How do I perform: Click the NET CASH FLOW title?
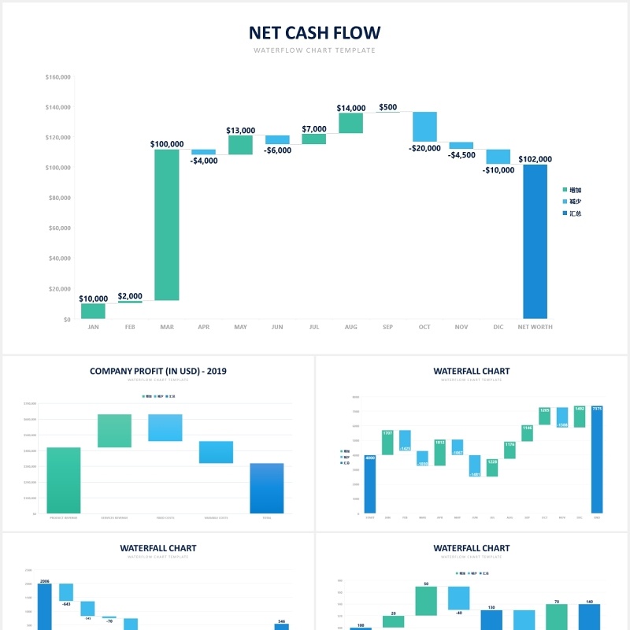coord(314,32)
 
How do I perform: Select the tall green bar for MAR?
coord(167,224)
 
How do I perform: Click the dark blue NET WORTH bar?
coord(535,241)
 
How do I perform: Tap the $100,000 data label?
coord(167,144)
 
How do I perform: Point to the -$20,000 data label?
coord(424,148)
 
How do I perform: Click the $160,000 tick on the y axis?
coord(58,77)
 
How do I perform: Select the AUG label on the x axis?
coord(350,327)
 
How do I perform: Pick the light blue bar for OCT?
coord(424,127)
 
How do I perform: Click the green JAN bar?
coord(93,311)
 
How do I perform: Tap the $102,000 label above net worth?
coord(535,159)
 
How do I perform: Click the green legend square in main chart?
coord(565,190)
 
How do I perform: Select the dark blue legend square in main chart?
coord(565,213)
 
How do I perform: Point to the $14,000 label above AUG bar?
coord(351,108)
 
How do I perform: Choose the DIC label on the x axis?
coord(498,327)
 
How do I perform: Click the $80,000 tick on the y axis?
coord(58,198)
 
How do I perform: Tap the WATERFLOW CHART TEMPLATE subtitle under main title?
coord(314,50)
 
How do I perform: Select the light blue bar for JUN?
coord(277,139)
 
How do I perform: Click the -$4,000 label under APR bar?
coord(204,161)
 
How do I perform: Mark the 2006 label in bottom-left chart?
coord(44,580)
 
